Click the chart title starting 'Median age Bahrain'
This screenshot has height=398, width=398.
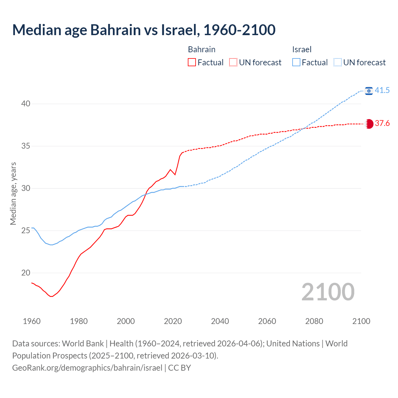pyautogui.click(x=144, y=30)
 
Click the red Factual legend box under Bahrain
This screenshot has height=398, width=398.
pyautogui.click(x=192, y=62)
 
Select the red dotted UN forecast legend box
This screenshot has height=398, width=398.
pyautogui.click(x=233, y=62)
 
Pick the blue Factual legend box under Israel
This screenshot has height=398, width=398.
pyautogui.click(x=296, y=62)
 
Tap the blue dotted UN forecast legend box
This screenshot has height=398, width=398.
pyautogui.click(x=338, y=62)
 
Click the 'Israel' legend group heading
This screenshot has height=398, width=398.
pyautogui.click(x=302, y=49)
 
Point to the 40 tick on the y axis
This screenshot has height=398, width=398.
pyautogui.click(x=25, y=104)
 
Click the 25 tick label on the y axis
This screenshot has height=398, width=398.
pyautogui.click(x=25, y=230)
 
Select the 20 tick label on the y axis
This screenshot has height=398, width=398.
pyautogui.click(x=25, y=273)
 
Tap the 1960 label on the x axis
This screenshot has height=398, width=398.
pyautogui.click(x=32, y=321)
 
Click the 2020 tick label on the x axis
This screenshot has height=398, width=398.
pyautogui.click(x=173, y=321)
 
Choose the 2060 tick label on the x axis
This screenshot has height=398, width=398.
pyautogui.click(x=267, y=321)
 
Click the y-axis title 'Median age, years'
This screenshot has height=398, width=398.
pyautogui.click(x=13, y=193)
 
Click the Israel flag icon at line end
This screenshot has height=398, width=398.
pyautogui.click(x=369, y=91)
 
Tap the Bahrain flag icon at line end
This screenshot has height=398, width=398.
pyautogui.click(x=369, y=124)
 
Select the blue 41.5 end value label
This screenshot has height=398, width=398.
pyautogui.click(x=382, y=90)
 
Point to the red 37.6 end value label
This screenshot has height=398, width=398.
pyautogui.click(x=382, y=123)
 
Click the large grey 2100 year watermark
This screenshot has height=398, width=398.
pyautogui.click(x=328, y=292)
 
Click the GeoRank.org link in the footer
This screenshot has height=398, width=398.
pyautogui.click(x=87, y=368)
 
